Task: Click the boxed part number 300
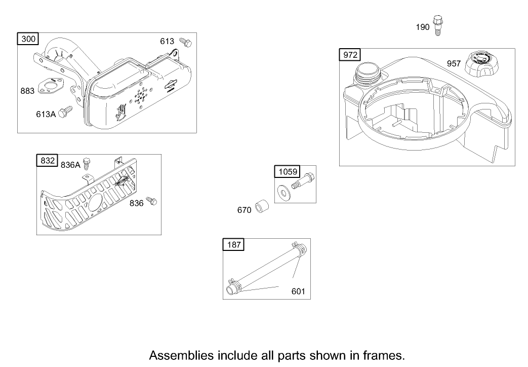coord(27,39)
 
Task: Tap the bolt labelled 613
coord(186,43)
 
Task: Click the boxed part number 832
coord(47,161)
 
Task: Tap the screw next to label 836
coord(150,201)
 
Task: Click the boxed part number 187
coord(233,245)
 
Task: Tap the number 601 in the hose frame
coord(298,292)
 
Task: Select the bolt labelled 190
coord(438,25)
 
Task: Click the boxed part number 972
coord(350,55)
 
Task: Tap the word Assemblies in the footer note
coord(181,354)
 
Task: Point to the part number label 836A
coord(70,164)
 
